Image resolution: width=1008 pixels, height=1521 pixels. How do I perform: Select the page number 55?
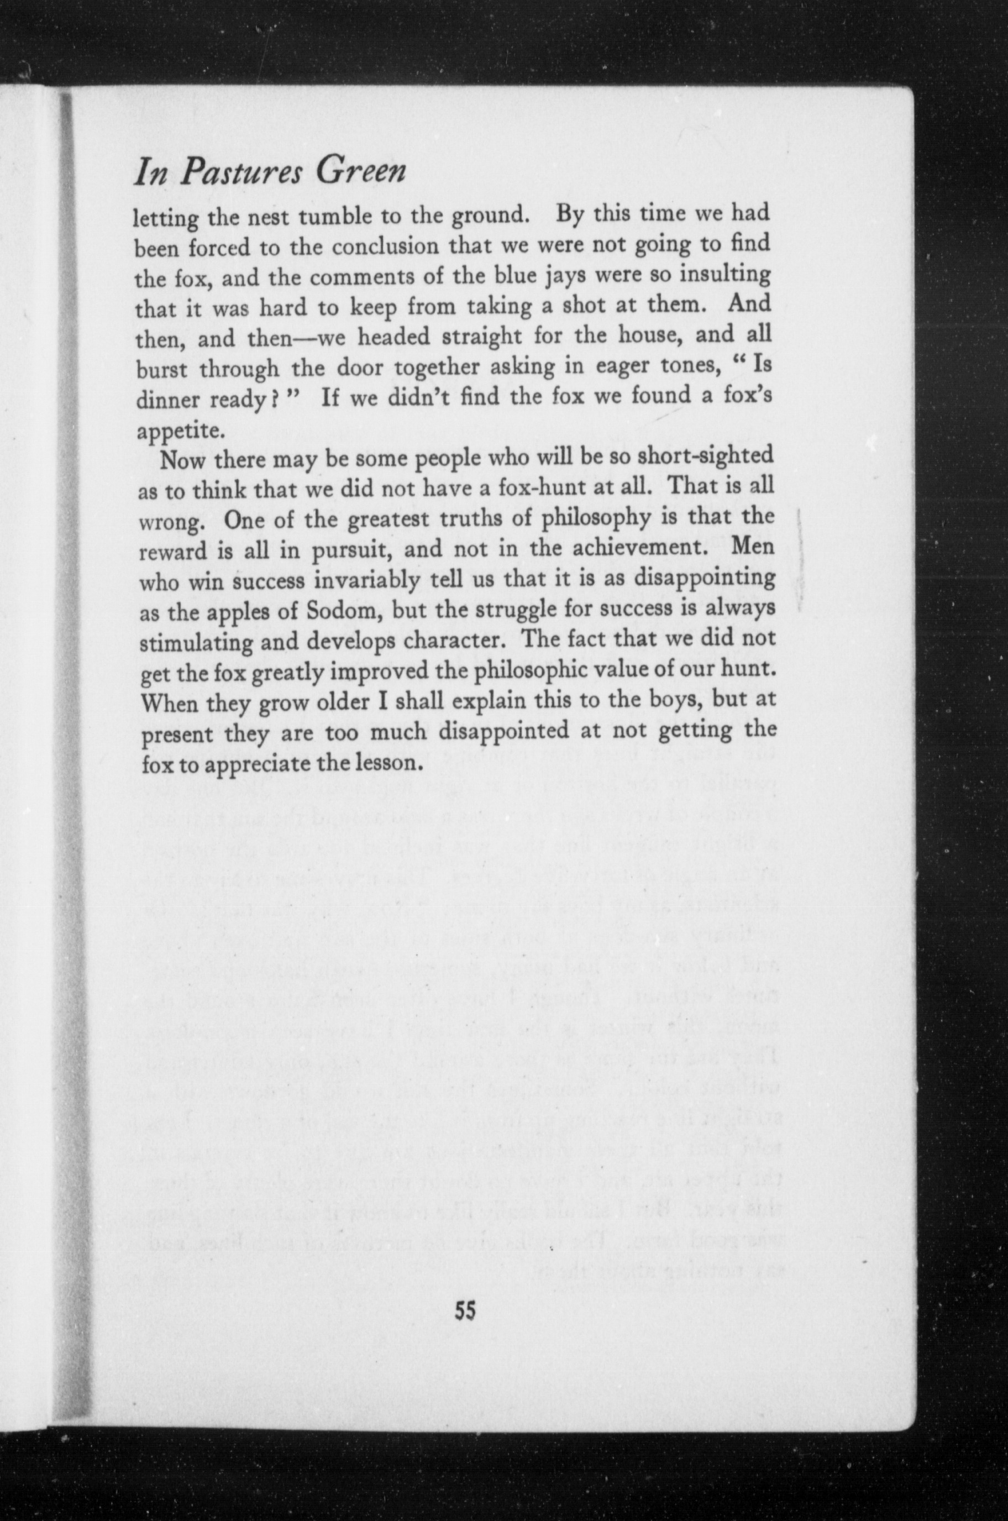click(x=464, y=1309)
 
